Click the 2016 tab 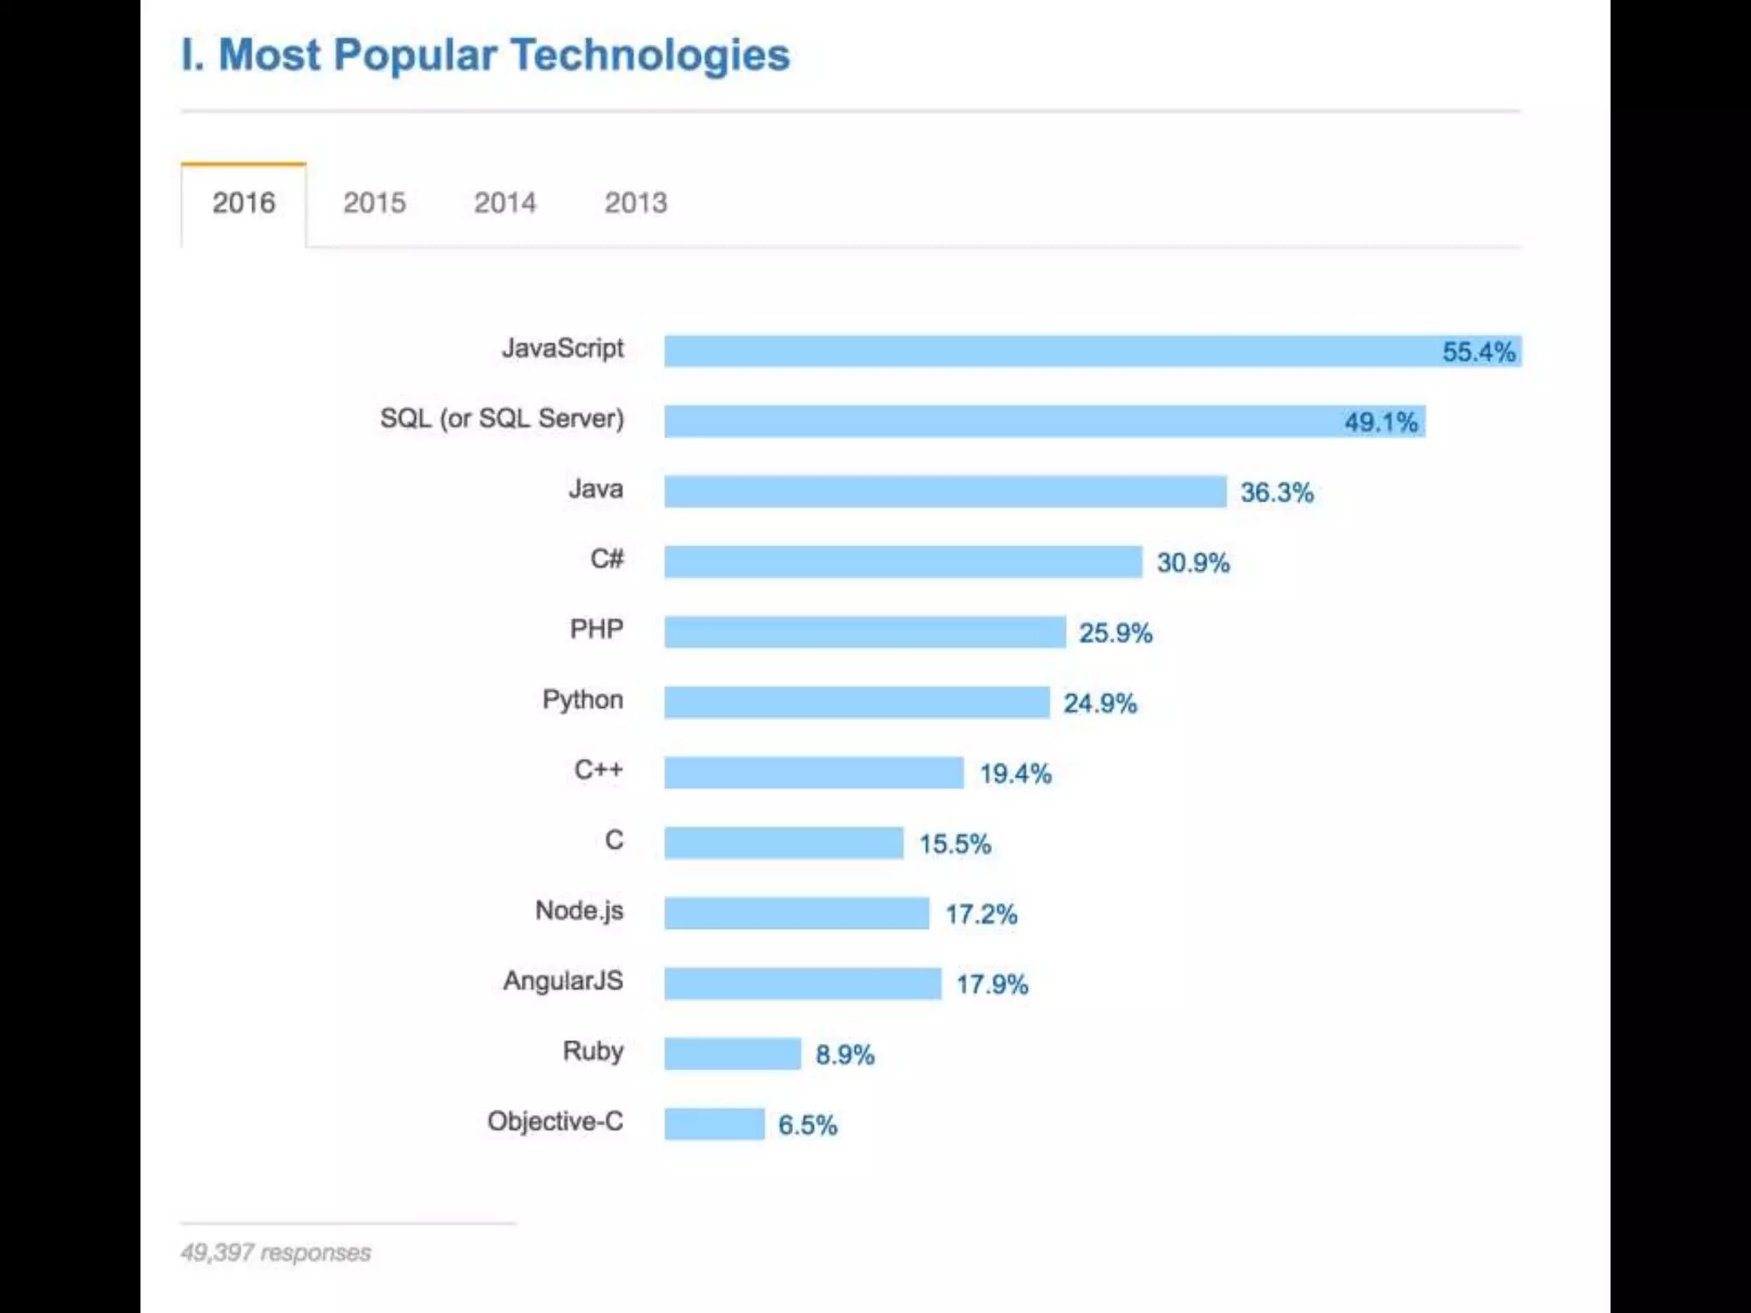(x=244, y=203)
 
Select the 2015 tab (x=374, y=203)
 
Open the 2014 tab (x=504, y=203)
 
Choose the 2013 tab (x=635, y=203)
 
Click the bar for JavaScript (x=1026, y=351)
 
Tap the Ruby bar (x=733, y=1054)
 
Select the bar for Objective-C (x=715, y=1124)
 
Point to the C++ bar (x=814, y=773)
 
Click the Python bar (x=857, y=703)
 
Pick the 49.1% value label (x=1381, y=422)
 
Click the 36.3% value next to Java (x=1276, y=492)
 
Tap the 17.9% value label (x=992, y=985)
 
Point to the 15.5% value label (x=955, y=845)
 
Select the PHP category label (x=597, y=630)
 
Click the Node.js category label (x=580, y=911)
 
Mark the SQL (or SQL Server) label (x=502, y=419)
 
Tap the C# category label (x=607, y=560)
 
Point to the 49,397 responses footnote (x=275, y=1253)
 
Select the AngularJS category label (x=563, y=981)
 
